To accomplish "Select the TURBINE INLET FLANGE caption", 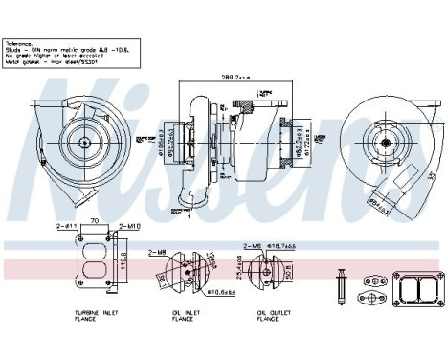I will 89,317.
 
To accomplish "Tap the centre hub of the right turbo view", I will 389,142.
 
